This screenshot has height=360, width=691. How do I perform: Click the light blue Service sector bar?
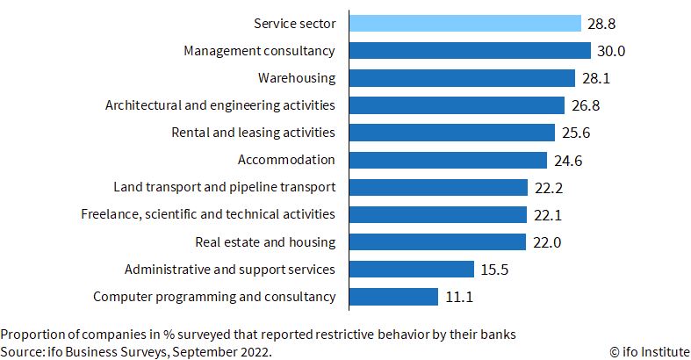point(465,24)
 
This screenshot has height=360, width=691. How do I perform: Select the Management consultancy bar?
point(471,51)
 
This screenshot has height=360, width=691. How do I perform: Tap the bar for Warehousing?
point(463,78)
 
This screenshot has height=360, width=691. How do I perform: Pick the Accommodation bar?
point(448,160)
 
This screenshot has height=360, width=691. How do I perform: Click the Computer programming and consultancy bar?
point(394,297)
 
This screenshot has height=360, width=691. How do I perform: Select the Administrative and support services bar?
point(412,270)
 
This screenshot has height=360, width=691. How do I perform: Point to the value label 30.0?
point(611,51)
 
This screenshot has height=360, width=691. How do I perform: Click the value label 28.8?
point(601,24)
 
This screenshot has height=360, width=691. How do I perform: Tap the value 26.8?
point(586,105)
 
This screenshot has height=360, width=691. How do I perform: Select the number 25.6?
point(576,133)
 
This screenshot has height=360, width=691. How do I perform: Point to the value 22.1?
point(548,215)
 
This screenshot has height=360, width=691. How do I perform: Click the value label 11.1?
point(459,297)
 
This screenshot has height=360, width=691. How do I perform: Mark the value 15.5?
point(494,270)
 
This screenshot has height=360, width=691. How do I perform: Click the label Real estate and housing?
point(265,242)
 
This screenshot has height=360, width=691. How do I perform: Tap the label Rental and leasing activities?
point(254,133)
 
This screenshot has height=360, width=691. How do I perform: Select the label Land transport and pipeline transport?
point(225,187)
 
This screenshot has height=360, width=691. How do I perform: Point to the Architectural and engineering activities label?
point(220,105)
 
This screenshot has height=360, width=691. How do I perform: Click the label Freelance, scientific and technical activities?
point(208,214)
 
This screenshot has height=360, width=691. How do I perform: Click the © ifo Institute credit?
point(650,352)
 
